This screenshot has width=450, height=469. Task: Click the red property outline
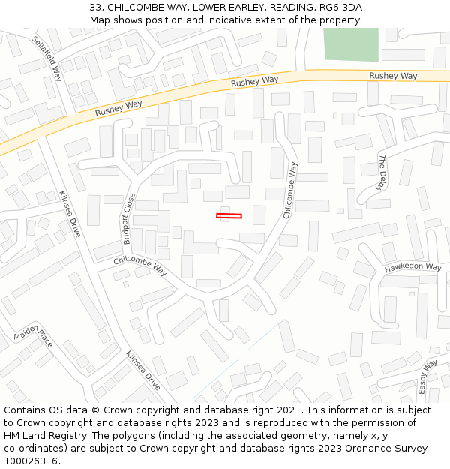229,216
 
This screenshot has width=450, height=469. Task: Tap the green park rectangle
351,44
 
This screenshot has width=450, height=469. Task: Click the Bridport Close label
128,219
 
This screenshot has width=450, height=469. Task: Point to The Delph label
382,172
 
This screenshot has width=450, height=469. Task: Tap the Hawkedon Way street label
412,267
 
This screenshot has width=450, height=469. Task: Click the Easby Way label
427,377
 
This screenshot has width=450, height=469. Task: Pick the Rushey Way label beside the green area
393,76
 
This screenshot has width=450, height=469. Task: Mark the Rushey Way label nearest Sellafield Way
118,107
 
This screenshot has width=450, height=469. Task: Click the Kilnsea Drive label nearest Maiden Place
142,371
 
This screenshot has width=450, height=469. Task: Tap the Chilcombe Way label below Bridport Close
140,265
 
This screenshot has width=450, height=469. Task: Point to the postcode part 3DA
352,7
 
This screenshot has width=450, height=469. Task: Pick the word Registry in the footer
81,436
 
